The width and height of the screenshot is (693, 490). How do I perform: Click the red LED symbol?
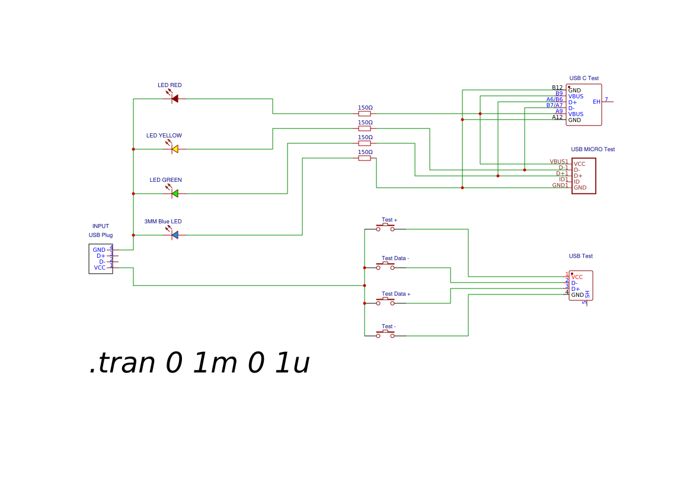tap(174, 98)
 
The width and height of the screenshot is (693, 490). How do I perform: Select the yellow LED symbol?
tap(174, 149)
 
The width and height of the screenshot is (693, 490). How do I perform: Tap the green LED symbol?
tap(174, 193)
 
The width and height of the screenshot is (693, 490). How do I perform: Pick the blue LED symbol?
tap(174, 235)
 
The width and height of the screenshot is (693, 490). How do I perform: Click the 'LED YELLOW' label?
tap(164, 136)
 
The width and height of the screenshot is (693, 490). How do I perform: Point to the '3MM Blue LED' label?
tap(163, 222)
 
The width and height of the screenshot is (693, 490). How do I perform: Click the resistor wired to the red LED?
tap(365, 113)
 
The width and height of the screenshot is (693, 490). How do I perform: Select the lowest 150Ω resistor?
tap(365, 158)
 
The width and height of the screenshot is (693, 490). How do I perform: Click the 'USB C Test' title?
tap(584, 78)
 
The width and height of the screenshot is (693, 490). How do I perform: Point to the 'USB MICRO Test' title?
tap(593, 149)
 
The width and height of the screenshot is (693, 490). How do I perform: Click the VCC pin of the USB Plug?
tap(100, 268)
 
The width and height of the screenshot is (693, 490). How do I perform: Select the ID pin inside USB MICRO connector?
tap(576, 182)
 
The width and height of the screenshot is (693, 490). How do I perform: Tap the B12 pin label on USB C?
tap(557, 88)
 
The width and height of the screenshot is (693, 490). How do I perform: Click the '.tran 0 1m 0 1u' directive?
tap(199, 363)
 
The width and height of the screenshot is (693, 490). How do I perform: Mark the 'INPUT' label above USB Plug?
tap(101, 226)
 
